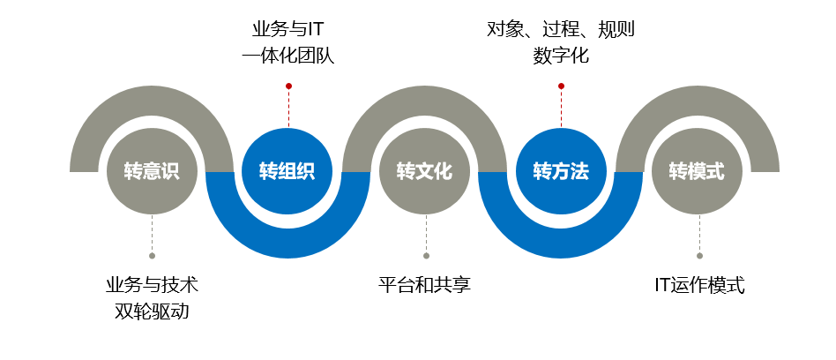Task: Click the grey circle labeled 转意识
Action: [152, 171]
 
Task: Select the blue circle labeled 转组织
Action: [287, 171]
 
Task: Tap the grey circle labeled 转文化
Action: [425, 171]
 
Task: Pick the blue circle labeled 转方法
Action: [561, 171]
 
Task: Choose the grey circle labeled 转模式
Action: [698, 171]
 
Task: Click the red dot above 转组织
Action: [288, 86]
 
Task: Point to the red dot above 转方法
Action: [561, 86]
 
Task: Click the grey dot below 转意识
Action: [152, 256]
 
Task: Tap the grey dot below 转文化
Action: [425, 256]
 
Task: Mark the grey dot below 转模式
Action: [698, 256]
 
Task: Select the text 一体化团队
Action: [288, 56]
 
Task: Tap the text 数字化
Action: [561, 56]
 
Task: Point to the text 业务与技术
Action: [152, 286]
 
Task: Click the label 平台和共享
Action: [425, 286]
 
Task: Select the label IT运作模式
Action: [698, 286]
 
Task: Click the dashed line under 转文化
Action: [425, 234]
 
